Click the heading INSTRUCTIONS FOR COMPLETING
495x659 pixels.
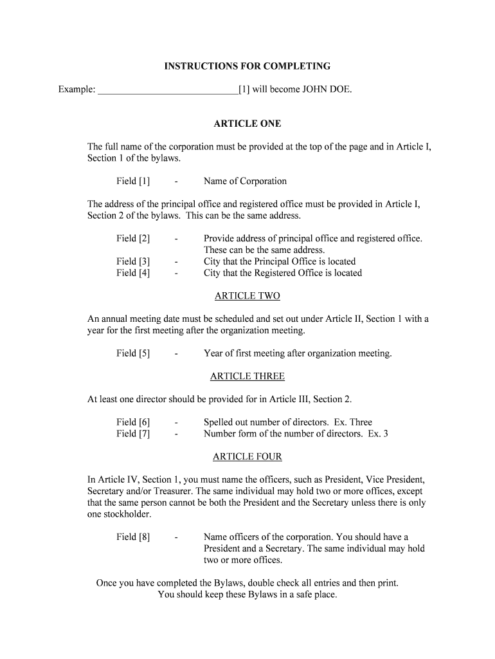click(x=247, y=66)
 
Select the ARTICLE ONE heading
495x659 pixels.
click(x=247, y=124)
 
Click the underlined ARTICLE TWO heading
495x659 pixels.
click(x=247, y=296)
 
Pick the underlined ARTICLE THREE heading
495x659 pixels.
click(x=247, y=376)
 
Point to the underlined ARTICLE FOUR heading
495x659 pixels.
click(x=247, y=457)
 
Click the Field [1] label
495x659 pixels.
click(x=133, y=181)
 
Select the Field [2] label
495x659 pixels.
click(x=133, y=239)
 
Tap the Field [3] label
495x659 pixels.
click(x=133, y=262)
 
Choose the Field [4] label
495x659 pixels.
click(x=133, y=274)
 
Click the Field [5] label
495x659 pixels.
click(x=133, y=353)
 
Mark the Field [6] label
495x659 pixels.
click(x=133, y=422)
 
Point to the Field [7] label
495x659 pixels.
click(x=133, y=434)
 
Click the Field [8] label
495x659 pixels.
click(x=133, y=537)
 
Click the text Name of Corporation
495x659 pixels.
click(x=245, y=181)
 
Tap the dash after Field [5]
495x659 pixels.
click(x=175, y=353)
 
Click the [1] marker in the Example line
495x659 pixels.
click(x=244, y=89)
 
